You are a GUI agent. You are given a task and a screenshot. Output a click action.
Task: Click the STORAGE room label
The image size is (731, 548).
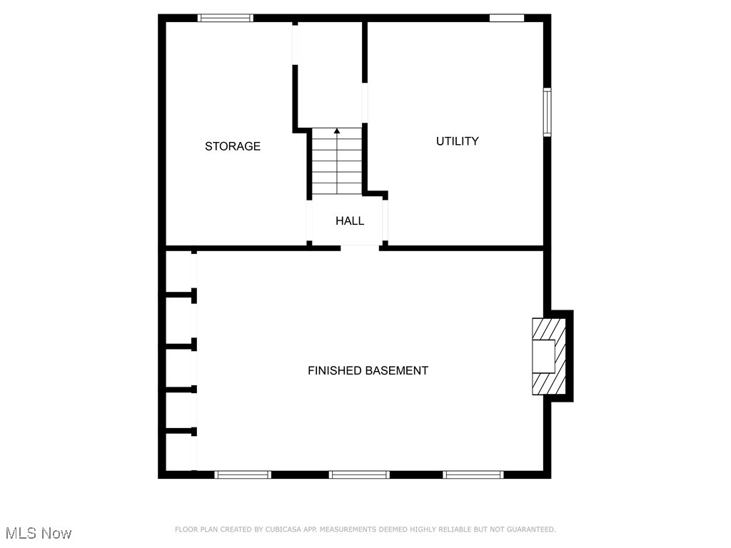233,146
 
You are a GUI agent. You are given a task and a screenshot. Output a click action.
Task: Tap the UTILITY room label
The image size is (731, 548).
458,141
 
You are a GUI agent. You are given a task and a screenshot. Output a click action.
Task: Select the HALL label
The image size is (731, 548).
350,221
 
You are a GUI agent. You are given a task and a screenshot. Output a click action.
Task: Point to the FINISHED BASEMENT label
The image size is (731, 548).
368,371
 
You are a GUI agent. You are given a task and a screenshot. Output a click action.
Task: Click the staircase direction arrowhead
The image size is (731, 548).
337,131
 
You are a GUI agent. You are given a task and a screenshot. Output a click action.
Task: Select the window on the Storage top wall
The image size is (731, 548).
226,18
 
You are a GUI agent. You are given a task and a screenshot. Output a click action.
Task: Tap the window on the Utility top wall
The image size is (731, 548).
507,18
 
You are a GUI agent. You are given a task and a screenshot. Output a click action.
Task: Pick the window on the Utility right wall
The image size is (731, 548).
547,112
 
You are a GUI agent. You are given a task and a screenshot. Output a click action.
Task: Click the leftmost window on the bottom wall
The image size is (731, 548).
243,475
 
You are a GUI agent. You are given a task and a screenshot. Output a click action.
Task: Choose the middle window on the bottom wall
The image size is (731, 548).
359,475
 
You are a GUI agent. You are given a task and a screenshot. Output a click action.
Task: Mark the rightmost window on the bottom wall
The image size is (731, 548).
473,475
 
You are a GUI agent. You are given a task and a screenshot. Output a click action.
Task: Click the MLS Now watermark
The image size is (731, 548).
39,533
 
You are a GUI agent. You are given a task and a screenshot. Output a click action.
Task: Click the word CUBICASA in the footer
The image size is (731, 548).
282,529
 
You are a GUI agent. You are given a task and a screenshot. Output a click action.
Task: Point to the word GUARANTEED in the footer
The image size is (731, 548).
529,529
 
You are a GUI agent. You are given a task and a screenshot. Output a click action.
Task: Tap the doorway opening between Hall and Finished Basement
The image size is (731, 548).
360,248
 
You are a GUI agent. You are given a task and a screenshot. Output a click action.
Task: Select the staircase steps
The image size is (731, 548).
337,163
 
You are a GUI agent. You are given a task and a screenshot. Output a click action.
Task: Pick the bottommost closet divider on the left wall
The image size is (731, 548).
181,431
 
